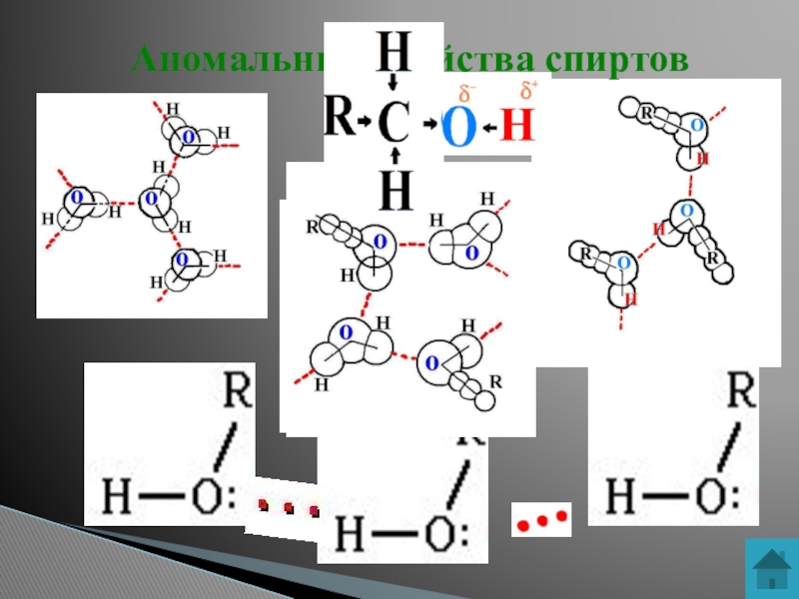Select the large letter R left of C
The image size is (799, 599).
(340, 121)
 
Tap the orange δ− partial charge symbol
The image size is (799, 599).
(464, 94)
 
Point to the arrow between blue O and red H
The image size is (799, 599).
(488, 127)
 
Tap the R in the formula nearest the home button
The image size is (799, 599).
(739, 390)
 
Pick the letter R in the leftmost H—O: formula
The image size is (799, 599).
(236, 390)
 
